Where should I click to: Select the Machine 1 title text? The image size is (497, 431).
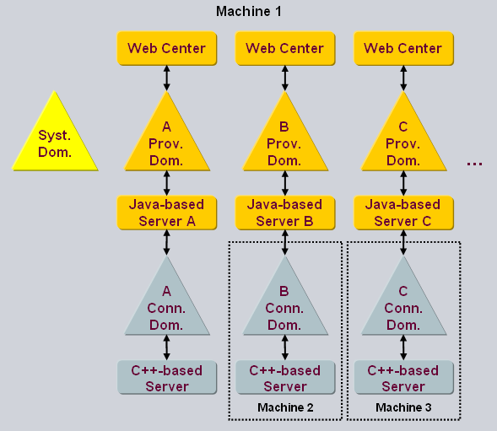point(248,11)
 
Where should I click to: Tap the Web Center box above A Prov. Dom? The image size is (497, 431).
point(166,48)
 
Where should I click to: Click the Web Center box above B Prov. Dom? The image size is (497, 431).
point(284,48)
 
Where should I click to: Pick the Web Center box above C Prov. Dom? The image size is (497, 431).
point(402,48)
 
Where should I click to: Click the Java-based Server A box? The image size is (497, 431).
point(166,213)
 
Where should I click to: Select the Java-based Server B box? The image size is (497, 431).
point(284,213)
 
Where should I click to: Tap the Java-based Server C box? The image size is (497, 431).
point(402,213)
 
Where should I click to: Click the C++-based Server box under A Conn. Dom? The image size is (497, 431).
point(166,378)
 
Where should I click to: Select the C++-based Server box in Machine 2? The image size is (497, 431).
point(284,378)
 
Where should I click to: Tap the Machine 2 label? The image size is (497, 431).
point(285,408)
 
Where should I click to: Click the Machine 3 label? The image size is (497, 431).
point(403,408)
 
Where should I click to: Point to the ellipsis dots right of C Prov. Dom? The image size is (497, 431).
point(474,163)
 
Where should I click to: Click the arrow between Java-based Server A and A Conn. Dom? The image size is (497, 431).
point(166,242)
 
